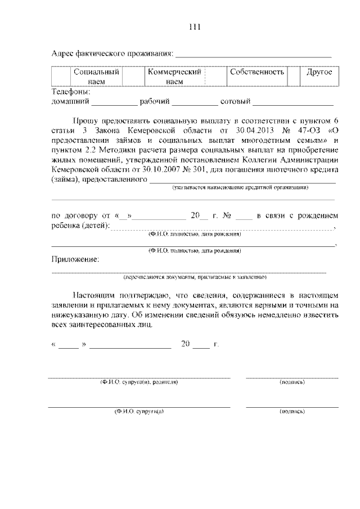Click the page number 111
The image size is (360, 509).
click(180, 27)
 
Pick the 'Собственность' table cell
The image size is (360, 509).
click(256, 73)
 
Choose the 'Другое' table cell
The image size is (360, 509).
click(319, 73)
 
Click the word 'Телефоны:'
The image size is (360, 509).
click(71, 91)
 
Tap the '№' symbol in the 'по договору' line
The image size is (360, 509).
click(226, 215)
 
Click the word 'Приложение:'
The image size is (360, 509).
click(75, 259)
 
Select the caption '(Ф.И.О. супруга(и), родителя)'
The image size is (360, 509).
click(139, 382)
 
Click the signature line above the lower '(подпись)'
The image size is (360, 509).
click(292, 407)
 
